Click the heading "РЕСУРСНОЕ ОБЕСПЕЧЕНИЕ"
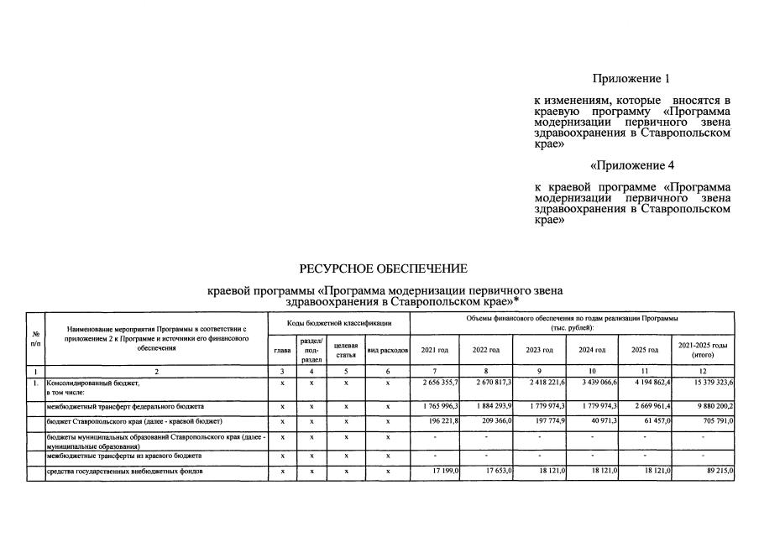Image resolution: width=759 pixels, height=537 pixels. pyautogui.click(x=383, y=268)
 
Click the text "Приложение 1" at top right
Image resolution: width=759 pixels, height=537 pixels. pyautogui.click(x=631, y=79)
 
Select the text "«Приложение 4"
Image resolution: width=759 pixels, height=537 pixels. pyautogui.click(x=631, y=165)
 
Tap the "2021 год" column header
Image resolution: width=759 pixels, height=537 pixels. pyautogui.click(x=434, y=349)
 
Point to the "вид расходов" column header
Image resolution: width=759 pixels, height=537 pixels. pyautogui.click(x=388, y=349)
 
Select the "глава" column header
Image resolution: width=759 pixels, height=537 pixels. pyautogui.click(x=281, y=349)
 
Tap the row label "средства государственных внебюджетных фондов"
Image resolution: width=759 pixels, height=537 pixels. pyautogui.click(x=125, y=472)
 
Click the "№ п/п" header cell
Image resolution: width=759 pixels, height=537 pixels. pyautogui.click(x=34, y=339)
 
